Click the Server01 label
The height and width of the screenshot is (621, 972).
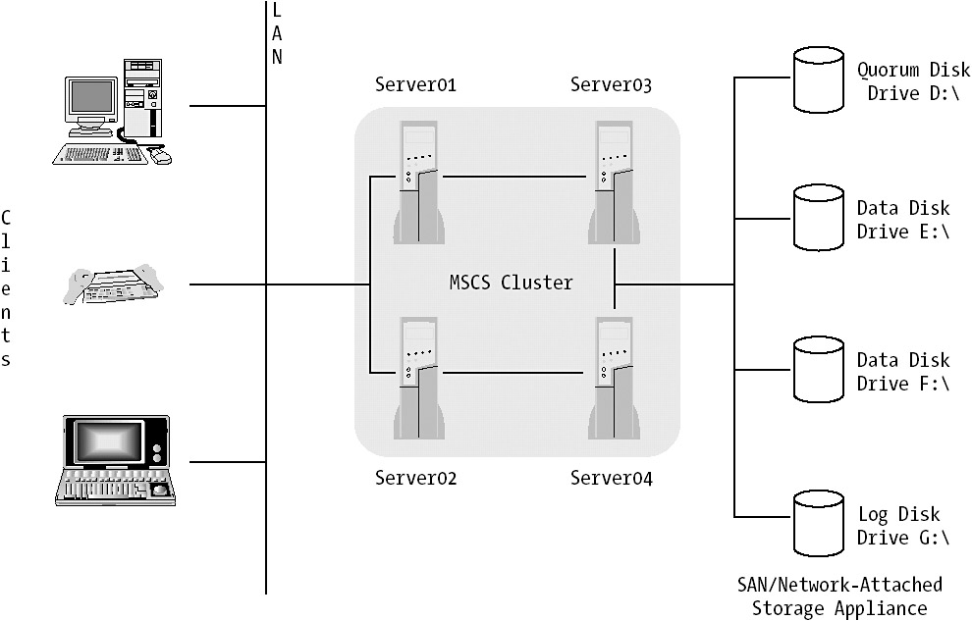click(415, 84)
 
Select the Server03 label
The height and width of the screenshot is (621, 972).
click(611, 84)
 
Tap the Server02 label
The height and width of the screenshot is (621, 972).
click(415, 479)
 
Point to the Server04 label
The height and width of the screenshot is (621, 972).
click(611, 479)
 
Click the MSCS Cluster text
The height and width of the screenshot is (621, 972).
click(511, 283)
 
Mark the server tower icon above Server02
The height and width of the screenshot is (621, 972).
click(418, 379)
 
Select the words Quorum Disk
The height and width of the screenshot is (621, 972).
click(913, 70)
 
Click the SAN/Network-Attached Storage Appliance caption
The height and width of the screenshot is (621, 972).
click(839, 596)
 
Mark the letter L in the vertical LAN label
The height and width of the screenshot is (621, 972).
click(276, 10)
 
